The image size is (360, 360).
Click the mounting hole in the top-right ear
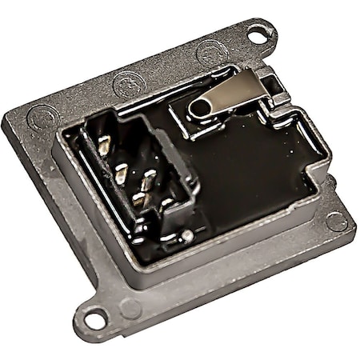[257, 35]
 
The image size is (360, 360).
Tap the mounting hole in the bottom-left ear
[93, 319]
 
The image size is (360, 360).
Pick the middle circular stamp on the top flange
[129, 82]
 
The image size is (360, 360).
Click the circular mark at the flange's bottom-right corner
[336, 222]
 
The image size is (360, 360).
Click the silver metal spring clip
[228, 94]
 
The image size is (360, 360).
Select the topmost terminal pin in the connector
[104, 145]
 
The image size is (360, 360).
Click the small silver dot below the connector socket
[186, 235]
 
